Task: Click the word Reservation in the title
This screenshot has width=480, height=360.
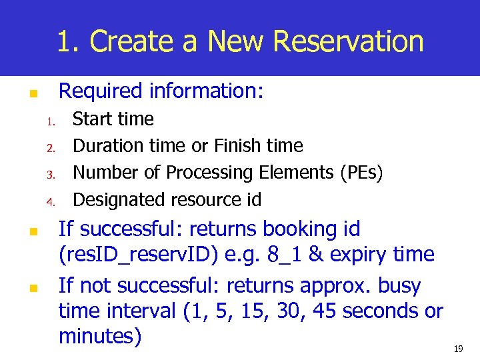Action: pyautogui.click(x=348, y=41)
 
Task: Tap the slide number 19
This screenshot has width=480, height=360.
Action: pyautogui.click(x=458, y=349)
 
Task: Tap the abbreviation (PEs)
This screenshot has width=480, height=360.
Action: pyautogui.click(x=361, y=173)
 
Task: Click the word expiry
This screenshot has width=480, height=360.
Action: pyautogui.click(x=366, y=255)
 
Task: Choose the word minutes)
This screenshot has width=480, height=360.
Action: pyautogui.click(x=101, y=337)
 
